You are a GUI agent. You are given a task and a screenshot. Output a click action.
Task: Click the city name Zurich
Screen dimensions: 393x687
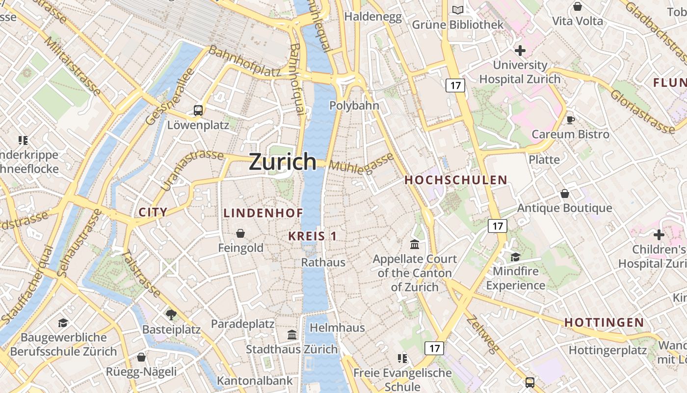[x=283, y=162]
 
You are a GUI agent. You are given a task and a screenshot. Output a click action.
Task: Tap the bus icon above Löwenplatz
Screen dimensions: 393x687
[x=198, y=111]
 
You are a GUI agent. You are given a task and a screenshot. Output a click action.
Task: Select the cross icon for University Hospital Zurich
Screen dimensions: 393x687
[x=520, y=51]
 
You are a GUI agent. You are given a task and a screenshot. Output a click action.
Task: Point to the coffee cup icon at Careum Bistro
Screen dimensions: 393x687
[x=570, y=120]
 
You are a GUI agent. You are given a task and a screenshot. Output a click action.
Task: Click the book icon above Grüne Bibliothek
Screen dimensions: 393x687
[x=457, y=10]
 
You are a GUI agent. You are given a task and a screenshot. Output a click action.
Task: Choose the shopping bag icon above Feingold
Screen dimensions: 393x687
[x=240, y=233]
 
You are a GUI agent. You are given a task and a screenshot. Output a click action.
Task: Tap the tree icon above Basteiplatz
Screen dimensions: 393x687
[x=171, y=314]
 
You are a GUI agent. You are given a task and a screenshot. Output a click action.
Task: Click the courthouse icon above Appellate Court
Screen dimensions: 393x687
[x=415, y=244]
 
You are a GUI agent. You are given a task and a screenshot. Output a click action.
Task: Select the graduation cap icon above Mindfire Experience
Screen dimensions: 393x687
[x=515, y=257]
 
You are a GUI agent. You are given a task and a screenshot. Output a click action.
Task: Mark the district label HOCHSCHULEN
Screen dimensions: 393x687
[x=455, y=180]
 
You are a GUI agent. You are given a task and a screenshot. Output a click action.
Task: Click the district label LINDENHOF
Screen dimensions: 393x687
[x=263, y=213]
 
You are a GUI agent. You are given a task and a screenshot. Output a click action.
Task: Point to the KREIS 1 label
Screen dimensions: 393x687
[x=312, y=236]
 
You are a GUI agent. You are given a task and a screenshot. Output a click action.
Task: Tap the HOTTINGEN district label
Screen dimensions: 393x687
[x=604, y=323]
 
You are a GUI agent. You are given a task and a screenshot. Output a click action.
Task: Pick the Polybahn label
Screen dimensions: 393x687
[x=354, y=106]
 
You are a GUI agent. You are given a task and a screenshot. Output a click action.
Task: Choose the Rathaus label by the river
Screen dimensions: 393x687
[x=323, y=262]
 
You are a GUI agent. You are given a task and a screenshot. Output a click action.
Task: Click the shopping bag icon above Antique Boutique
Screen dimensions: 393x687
[x=565, y=194]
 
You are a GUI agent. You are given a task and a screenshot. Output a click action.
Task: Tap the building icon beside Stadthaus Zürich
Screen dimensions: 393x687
[x=292, y=335]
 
